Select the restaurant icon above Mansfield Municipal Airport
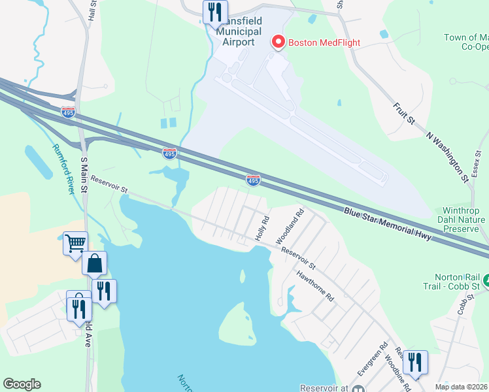(215, 12)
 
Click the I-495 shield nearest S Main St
(69, 112)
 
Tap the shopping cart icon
(76, 243)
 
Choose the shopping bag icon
(95, 264)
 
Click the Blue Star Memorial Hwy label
(388, 224)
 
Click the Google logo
(22, 384)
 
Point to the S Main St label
(84, 174)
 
